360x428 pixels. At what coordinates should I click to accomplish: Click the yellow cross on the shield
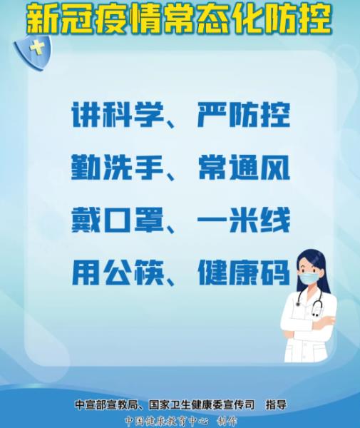click(x=37, y=49)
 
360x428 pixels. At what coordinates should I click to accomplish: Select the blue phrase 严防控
click(x=244, y=115)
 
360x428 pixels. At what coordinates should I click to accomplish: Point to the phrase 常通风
click(x=244, y=168)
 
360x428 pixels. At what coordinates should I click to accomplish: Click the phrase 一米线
click(x=244, y=220)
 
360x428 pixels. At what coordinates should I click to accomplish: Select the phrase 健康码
click(x=244, y=272)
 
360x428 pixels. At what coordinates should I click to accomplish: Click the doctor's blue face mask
click(x=309, y=279)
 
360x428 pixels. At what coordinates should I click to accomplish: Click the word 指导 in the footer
click(x=276, y=404)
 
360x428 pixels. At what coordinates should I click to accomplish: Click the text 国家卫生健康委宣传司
click(x=201, y=404)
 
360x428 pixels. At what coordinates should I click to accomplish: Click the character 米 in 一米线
click(x=244, y=220)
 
